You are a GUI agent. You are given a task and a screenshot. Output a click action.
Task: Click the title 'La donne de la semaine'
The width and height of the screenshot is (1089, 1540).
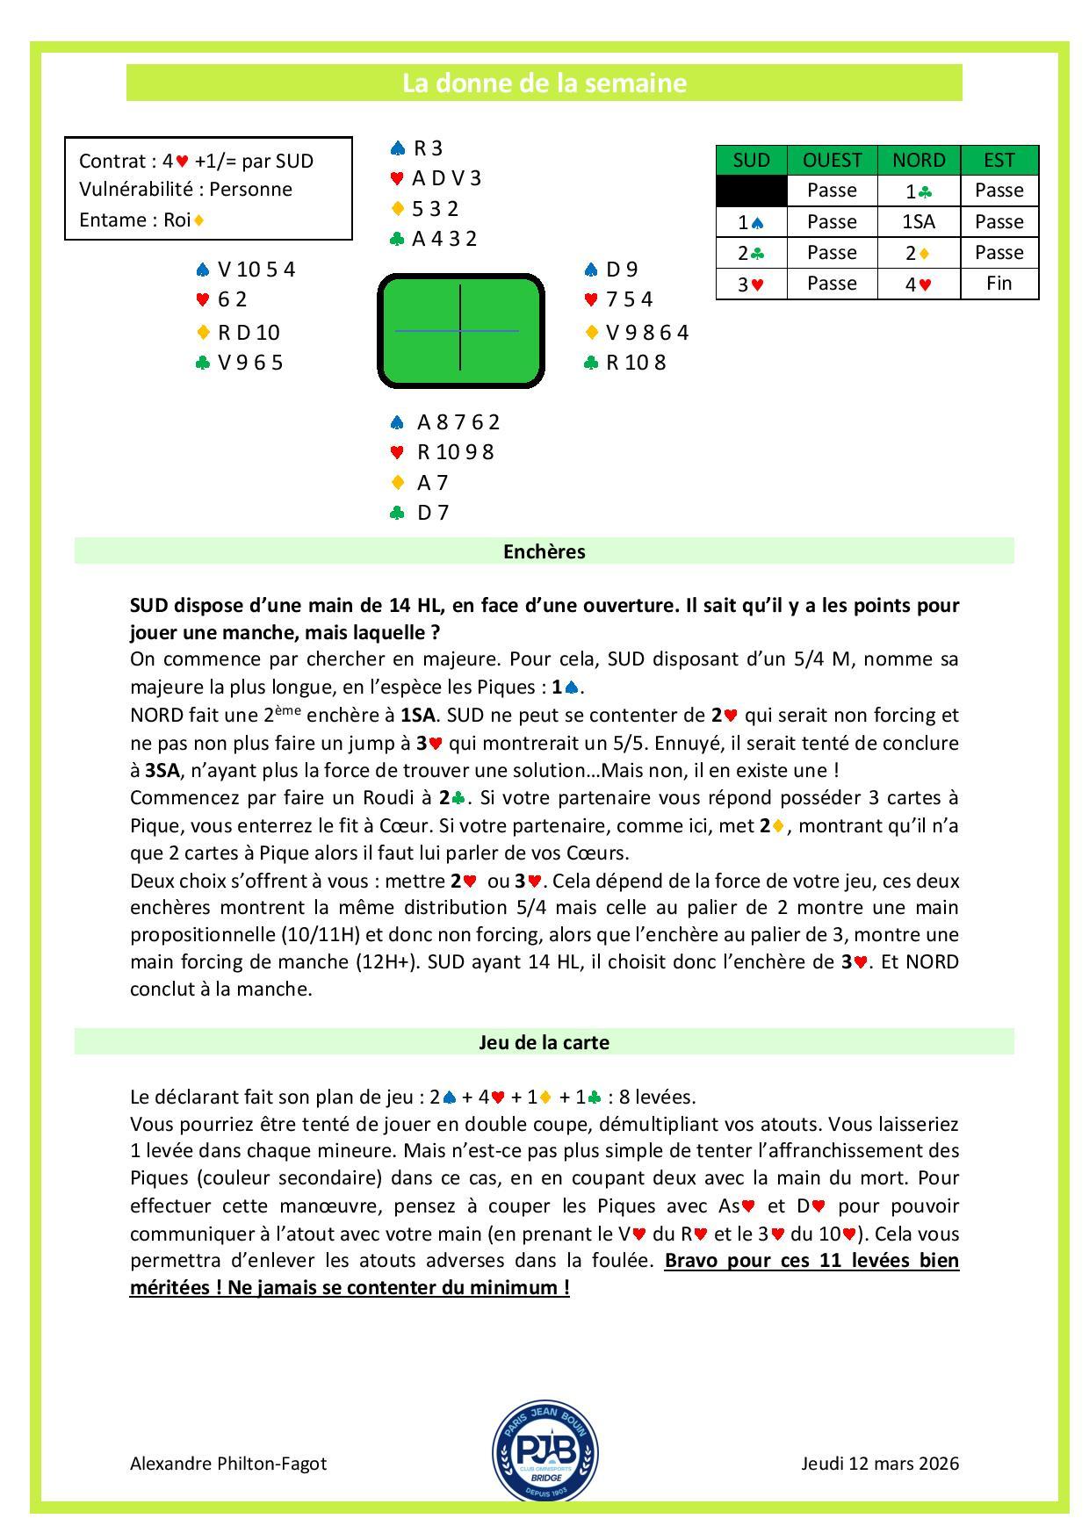click(544, 83)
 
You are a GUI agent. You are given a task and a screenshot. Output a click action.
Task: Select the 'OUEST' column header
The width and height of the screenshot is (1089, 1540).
click(832, 160)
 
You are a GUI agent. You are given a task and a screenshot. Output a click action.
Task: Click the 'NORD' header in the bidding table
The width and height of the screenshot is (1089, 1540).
click(919, 160)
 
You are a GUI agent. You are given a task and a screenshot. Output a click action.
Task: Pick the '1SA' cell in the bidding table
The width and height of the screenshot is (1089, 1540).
click(919, 222)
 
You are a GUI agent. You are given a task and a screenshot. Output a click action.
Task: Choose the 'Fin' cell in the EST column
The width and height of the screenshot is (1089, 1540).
click(999, 283)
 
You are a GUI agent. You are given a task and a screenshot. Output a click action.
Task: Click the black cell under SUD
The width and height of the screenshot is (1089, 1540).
click(751, 191)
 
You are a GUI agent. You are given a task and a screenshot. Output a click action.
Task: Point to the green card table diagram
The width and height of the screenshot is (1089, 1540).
click(461, 330)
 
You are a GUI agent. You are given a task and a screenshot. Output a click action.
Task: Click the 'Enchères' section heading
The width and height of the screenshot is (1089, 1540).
click(544, 551)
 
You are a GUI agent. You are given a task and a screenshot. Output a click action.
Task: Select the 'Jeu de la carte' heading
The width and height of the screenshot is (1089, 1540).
click(544, 1042)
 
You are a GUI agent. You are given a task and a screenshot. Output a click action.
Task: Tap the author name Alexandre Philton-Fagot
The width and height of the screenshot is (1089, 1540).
click(227, 1464)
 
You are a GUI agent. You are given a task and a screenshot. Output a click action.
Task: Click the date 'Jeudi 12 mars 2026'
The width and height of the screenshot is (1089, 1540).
click(880, 1464)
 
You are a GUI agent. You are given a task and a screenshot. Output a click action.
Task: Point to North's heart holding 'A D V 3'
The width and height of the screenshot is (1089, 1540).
click(446, 178)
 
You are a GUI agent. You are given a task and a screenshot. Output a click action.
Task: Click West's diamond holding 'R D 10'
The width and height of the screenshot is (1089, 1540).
click(248, 332)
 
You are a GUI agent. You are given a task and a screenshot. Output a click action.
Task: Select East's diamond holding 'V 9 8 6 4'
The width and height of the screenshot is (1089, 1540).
click(646, 332)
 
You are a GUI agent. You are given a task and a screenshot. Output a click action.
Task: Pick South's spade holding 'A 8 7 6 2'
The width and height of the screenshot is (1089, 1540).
click(458, 422)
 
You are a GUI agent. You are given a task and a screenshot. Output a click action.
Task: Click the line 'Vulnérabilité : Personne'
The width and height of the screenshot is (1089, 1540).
click(185, 190)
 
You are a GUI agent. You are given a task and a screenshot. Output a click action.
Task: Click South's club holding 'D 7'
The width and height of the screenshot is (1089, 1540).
click(432, 513)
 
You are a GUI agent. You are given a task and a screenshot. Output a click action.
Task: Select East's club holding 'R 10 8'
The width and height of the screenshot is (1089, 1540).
click(635, 363)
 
